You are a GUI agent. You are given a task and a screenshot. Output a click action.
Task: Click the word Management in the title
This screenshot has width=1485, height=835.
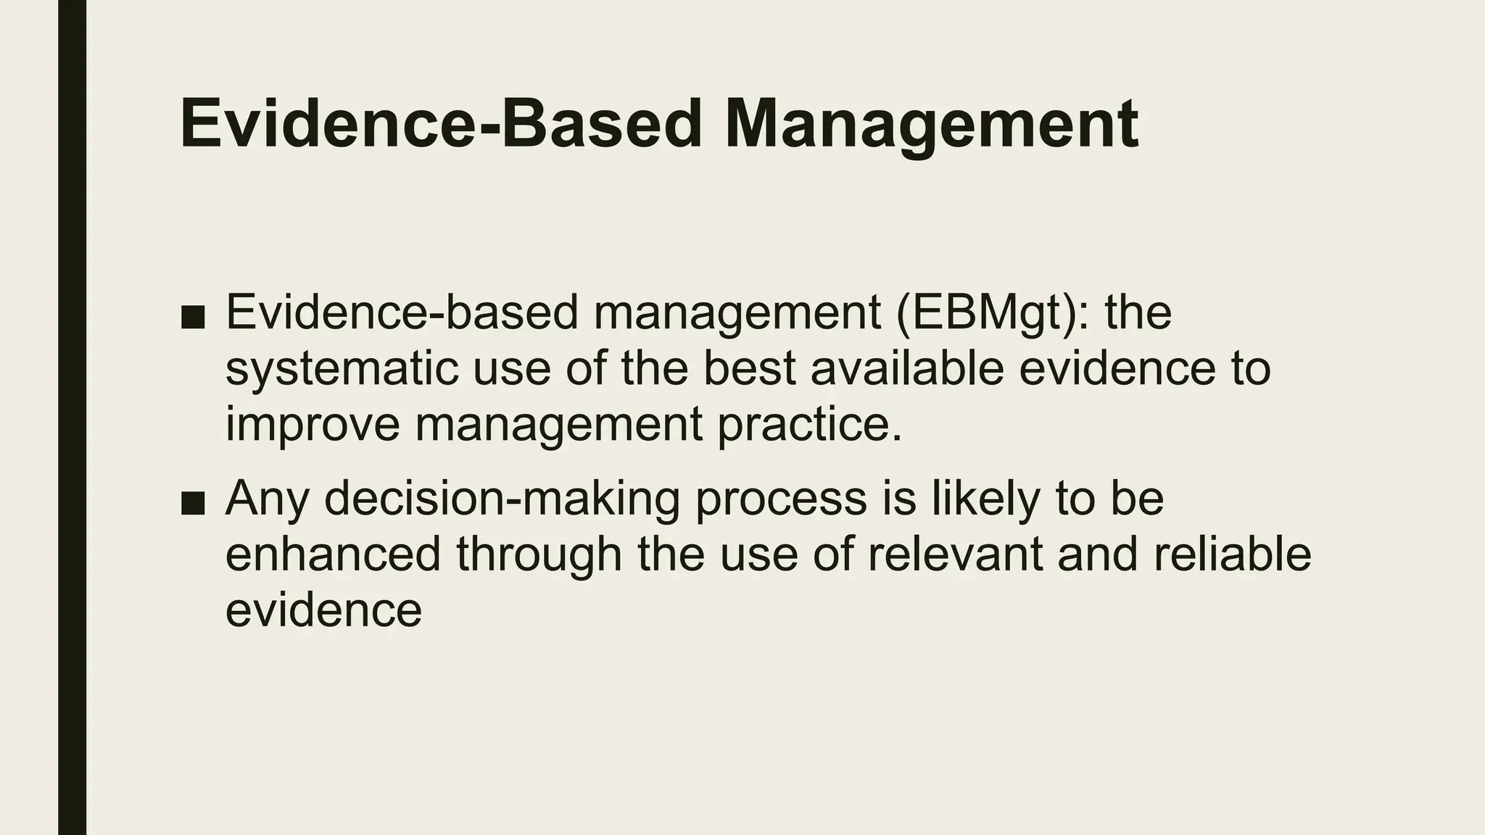coord(931,125)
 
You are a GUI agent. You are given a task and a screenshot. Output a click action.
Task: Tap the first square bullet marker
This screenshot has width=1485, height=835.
coord(193,316)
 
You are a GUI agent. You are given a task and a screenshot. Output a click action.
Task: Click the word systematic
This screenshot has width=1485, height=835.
coord(342,368)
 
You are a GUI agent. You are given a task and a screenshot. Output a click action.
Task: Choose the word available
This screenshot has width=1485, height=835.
coord(906,367)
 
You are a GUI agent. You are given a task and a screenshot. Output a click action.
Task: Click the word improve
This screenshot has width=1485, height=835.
coord(313,424)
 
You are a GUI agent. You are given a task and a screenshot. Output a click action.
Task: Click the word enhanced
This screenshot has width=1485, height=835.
coord(333,554)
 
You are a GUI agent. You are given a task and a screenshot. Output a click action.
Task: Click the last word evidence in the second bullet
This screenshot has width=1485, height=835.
coord(323,610)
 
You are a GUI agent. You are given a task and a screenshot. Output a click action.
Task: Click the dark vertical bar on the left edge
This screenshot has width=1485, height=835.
coord(72,417)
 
